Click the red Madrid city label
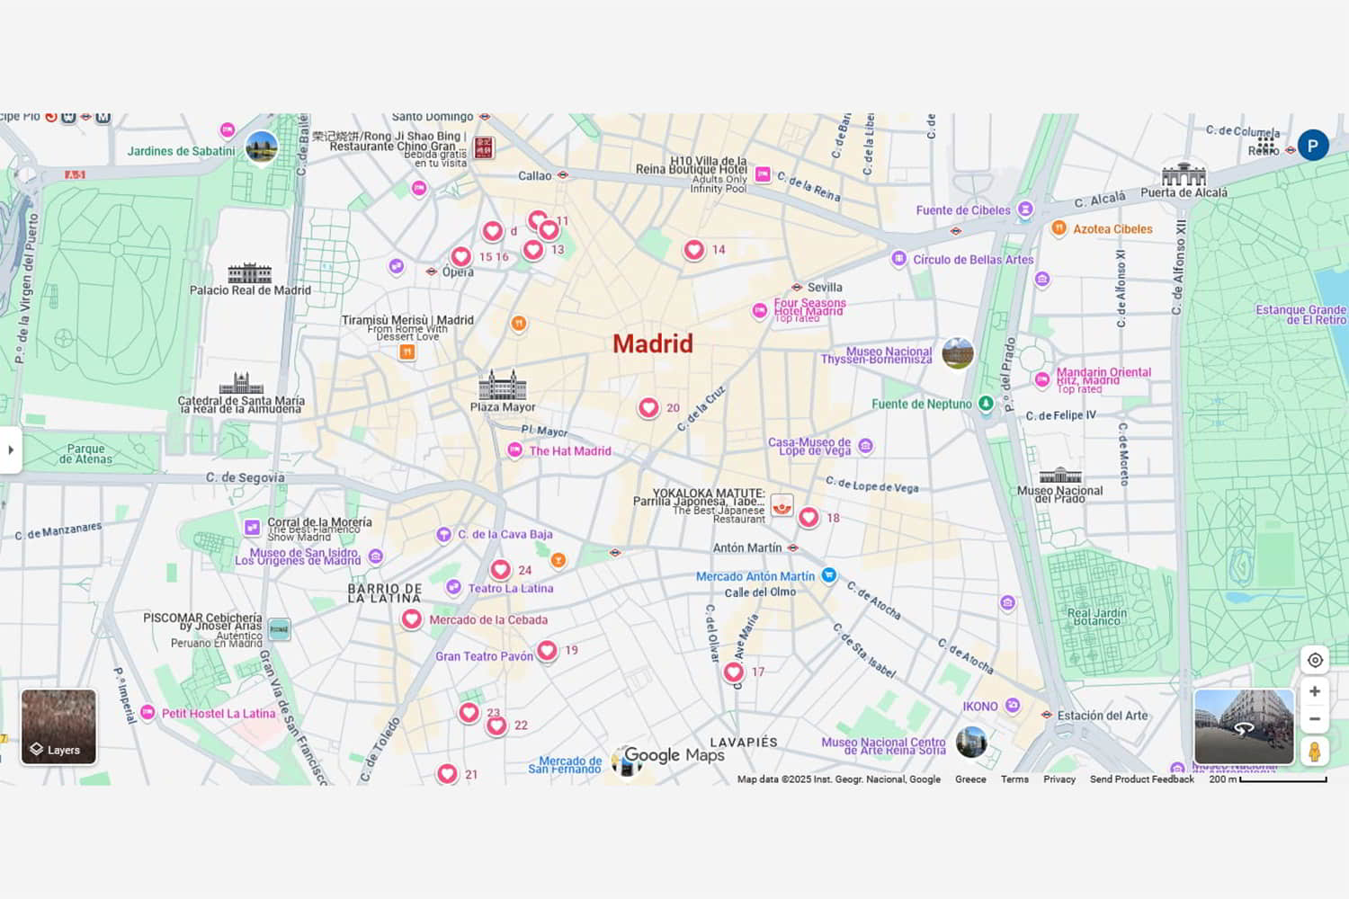[653, 343]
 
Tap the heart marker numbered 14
[694, 250]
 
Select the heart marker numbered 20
[648, 408]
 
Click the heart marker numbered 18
[809, 517]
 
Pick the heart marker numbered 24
[501, 569]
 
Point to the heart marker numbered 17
[734, 672]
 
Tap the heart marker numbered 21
[447, 773]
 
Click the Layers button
[58, 726]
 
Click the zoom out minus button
[1315, 719]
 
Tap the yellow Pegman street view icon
[1315, 751]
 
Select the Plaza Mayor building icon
[502, 385]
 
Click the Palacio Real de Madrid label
[250, 290]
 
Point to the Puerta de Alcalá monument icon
[1184, 174]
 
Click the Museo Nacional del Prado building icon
[1060, 475]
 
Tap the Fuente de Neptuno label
[922, 405]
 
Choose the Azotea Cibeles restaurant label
[1112, 229]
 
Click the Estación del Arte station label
[1103, 716]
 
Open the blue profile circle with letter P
[1313, 145]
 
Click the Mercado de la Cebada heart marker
[411, 619]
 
